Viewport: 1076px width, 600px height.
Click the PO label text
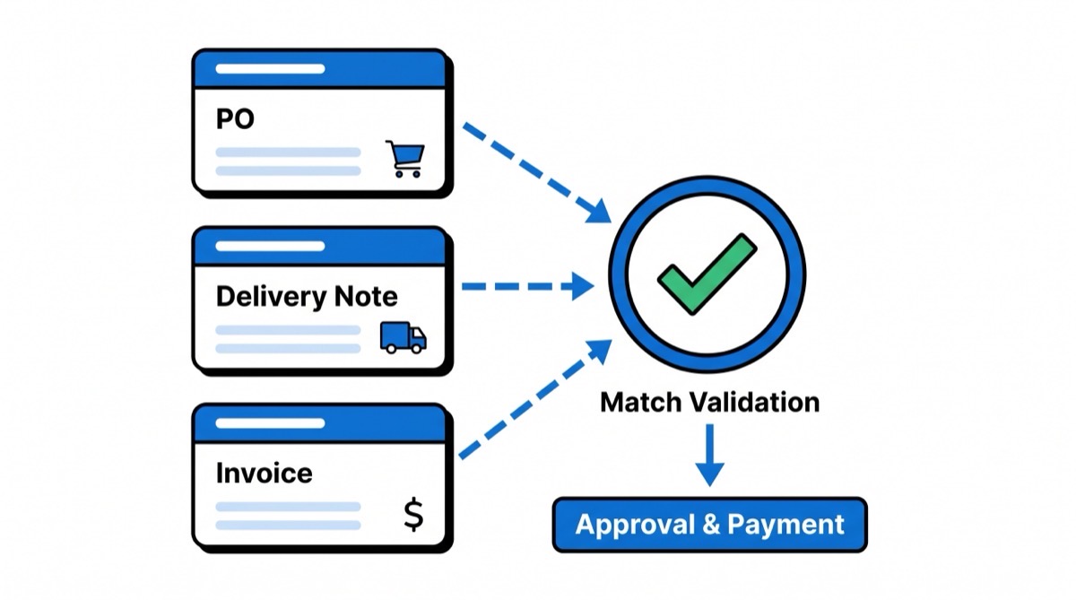click(235, 119)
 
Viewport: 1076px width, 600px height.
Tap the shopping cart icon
click(404, 159)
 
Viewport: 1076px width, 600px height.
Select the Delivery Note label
click(306, 296)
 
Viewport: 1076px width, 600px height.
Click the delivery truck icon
click(403, 336)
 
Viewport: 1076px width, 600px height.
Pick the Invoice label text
click(264, 473)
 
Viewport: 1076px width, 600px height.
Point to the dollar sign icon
click(412, 515)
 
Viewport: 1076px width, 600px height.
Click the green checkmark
click(707, 273)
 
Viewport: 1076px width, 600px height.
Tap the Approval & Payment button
click(709, 525)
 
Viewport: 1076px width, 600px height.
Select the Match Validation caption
click(709, 402)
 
